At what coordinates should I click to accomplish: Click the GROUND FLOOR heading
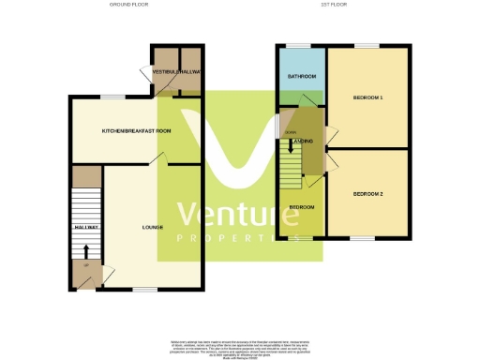(x=128, y=5)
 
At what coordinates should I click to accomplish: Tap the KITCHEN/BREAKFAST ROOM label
(x=137, y=131)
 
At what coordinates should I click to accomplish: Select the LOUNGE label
(x=152, y=227)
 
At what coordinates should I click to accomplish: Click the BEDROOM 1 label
(x=368, y=97)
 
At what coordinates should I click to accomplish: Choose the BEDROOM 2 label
(x=368, y=193)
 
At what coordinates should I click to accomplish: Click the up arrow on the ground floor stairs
(x=86, y=251)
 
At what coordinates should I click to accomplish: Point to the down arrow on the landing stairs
(x=291, y=145)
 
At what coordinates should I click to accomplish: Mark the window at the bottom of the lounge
(x=143, y=289)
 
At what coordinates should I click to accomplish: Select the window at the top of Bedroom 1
(x=367, y=45)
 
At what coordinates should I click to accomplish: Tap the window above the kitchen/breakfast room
(x=114, y=97)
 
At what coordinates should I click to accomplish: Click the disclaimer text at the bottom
(x=240, y=346)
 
